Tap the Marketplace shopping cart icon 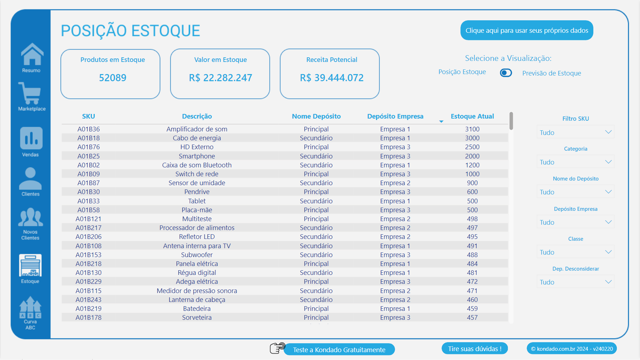click(30, 93)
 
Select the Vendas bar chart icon click(31, 138)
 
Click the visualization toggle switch click(506, 73)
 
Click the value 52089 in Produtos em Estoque click(113, 78)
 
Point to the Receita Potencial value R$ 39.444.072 click(332, 78)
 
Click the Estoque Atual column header click(472, 116)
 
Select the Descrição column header click(197, 116)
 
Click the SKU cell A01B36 click(89, 129)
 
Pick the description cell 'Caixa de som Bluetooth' click(197, 165)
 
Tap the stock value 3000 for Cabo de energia click(472, 138)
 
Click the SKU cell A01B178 click(89, 318)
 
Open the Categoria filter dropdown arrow click(608, 162)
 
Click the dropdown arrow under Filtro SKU click(608, 132)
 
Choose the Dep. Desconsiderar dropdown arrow click(608, 282)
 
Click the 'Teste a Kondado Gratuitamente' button click(339, 350)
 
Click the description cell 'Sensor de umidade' click(197, 183)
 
